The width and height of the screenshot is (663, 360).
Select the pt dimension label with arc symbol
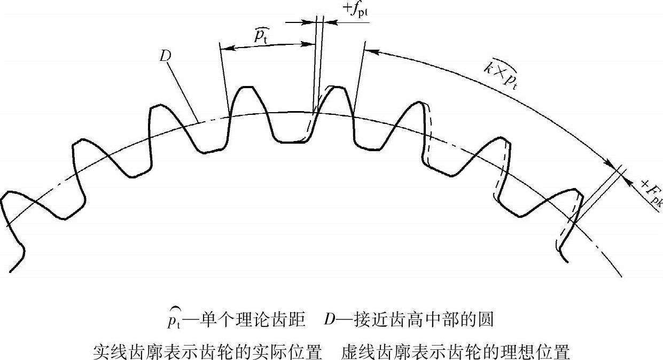click(x=261, y=35)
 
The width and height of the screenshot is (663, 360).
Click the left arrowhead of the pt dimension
click(x=224, y=49)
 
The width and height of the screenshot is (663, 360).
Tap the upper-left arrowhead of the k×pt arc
click(x=372, y=52)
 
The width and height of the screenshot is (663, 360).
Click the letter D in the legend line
click(x=329, y=320)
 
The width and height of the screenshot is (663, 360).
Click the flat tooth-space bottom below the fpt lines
click(x=288, y=142)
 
